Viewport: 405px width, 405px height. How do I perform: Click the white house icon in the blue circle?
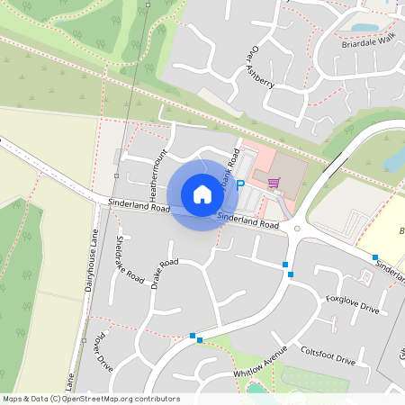tap(202, 193)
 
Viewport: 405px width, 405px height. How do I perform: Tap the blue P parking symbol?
tap(240, 184)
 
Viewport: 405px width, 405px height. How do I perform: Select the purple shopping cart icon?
tap(274, 183)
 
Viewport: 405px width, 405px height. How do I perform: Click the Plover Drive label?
tap(104, 352)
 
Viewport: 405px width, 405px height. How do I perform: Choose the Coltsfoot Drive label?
tap(328, 355)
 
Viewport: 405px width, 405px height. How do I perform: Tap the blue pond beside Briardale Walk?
tap(368, 28)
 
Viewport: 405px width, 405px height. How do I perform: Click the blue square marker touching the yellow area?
tap(375, 257)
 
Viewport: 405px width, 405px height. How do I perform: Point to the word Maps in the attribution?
tap(13, 399)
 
